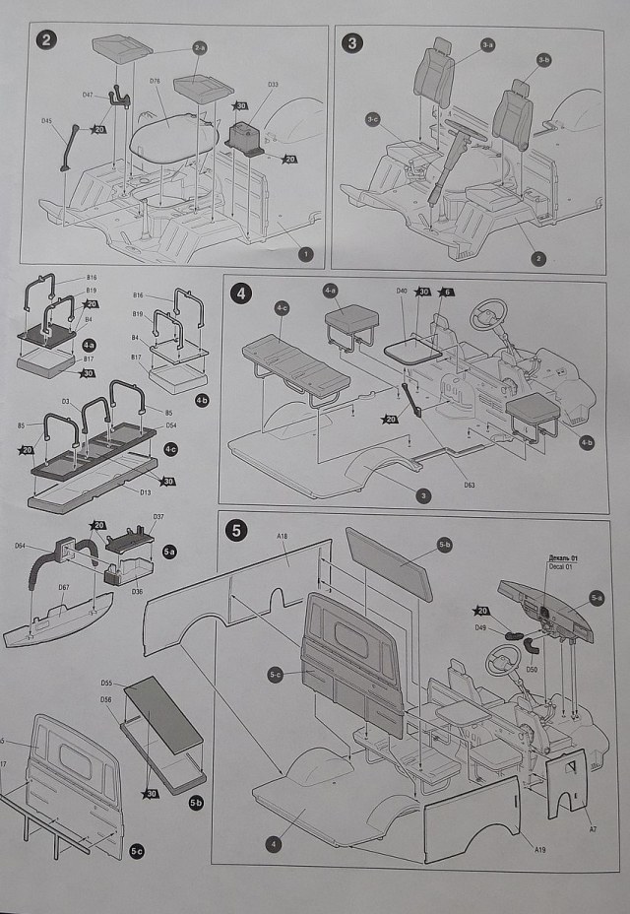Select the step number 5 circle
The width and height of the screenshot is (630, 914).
[x=236, y=530]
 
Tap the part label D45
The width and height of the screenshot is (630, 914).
[x=47, y=120]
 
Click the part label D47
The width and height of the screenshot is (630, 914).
[x=88, y=95]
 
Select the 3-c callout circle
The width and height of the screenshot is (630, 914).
[x=373, y=119]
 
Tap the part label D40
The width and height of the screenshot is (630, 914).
[x=402, y=291]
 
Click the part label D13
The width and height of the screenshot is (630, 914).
[x=146, y=490]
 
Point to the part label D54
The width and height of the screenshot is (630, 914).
[x=171, y=424]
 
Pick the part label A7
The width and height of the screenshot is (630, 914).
[x=592, y=829]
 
